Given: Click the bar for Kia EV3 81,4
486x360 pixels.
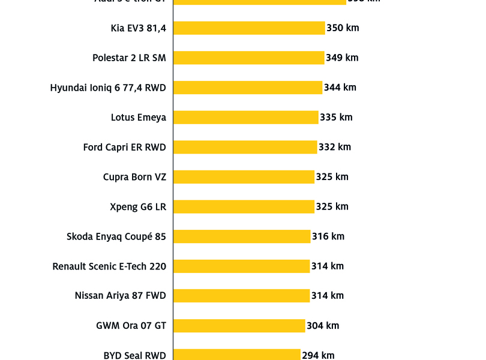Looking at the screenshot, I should coord(249,28).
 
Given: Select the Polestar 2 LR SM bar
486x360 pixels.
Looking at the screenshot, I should coord(248,58).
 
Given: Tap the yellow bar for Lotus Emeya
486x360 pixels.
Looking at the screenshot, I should coord(246,118).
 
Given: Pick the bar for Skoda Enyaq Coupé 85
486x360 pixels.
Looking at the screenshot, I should coord(242,236).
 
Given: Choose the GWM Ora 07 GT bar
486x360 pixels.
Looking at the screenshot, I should coord(239,326).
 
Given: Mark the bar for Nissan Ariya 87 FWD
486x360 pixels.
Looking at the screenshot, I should coord(241,296).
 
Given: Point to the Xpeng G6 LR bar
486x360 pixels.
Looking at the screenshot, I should coord(244,206).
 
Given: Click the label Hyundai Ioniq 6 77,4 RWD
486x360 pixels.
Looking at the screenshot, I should coord(108,88).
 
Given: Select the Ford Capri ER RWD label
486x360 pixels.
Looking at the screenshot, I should coord(124,147).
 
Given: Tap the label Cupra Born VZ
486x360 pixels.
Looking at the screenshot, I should coord(134,177).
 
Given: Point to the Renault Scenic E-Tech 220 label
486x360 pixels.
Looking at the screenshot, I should coord(109,266).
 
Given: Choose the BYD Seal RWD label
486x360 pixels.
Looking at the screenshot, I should coord(134,355).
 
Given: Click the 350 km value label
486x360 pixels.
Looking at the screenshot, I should coord(343,28).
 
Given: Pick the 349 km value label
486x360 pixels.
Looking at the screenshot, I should coord(342,58).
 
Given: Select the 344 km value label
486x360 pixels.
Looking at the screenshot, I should coord(340,88).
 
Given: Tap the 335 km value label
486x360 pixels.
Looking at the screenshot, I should coord(336,118).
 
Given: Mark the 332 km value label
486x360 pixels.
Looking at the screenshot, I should coord(335,147).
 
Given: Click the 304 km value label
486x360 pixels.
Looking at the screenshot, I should coord(323,326).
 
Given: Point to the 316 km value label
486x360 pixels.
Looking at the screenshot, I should coord(328,236).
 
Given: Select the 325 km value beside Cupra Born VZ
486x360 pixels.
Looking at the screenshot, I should coord(332,177).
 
